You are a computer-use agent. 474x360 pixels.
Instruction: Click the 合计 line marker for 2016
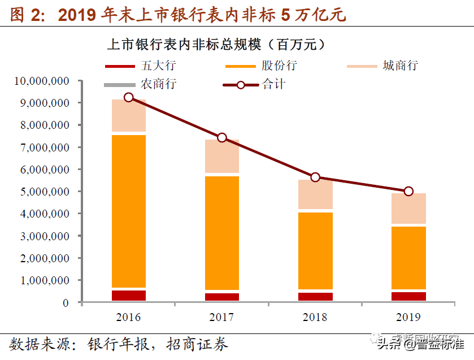[x=129, y=97]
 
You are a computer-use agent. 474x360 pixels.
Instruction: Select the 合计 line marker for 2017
[x=222, y=138]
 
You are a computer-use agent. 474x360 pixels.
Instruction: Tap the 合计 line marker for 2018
[x=315, y=177]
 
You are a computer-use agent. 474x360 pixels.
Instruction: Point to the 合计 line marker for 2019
[x=408, y=191]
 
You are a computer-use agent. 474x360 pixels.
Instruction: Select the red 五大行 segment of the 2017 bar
[x=222, y=297]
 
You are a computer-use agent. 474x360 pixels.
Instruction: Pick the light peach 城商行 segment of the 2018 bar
[x=315, y=194]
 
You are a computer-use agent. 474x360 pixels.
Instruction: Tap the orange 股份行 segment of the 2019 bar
[x=408, y=258]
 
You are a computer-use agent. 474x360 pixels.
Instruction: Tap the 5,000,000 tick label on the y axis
[x=45, y=192]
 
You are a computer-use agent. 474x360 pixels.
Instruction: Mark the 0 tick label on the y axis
[x=66, y=302]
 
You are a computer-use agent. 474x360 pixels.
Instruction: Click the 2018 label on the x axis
[x=315, y=318]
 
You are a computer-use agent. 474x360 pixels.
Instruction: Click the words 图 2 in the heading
[x=26, y=15]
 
